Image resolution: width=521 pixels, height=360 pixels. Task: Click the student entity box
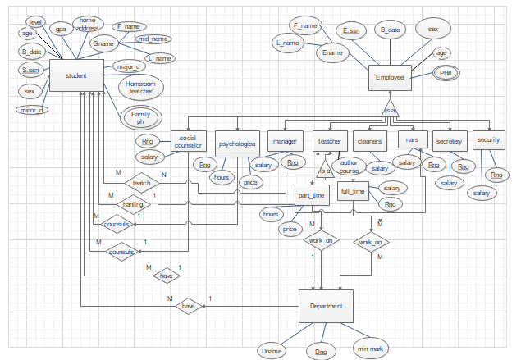(x=76, y=75)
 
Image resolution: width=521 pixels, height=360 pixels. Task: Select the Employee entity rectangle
(x=390, y=78)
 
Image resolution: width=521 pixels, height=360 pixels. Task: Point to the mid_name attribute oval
(x=153, y=39)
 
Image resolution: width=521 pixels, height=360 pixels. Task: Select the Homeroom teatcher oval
(x=141, y=87)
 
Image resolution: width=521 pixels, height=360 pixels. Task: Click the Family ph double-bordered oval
(x=140, y=117)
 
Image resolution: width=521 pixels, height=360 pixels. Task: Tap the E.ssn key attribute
(x=351, y=31)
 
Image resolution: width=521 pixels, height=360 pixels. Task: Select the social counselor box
(x=188, y=142)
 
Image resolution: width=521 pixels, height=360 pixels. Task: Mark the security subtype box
(x=488, y=141)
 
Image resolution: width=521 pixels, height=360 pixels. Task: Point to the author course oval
(x=350, y=167)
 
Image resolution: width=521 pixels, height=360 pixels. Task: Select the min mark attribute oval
(x=371, y=349)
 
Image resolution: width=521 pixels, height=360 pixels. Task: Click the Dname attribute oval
(x=272, y=350)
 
